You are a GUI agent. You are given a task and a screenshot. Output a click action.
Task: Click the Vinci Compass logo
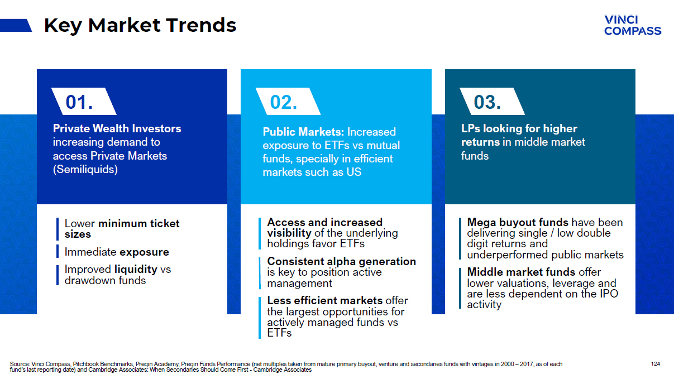[632, 26]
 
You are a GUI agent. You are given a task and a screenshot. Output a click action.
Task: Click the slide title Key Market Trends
[140, 25]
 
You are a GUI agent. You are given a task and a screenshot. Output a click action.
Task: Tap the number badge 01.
[79, 102]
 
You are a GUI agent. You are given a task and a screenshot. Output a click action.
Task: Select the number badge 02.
[284, 102]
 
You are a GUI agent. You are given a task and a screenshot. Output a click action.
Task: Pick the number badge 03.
[487, 102]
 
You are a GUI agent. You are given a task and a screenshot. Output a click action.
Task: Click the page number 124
[656, 364]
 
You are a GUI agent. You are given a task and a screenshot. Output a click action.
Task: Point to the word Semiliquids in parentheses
[85, 170]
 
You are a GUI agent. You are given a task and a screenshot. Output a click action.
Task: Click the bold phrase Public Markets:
[303, 132]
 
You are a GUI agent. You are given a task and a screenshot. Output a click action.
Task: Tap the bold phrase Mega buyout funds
[518, 222]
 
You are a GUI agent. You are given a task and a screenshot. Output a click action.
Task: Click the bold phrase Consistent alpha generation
[341, 261]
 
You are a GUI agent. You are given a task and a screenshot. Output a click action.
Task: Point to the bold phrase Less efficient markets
[324, 300]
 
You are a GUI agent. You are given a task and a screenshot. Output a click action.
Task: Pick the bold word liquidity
[136, 269]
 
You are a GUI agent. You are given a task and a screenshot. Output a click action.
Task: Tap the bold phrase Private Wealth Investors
[117, 128]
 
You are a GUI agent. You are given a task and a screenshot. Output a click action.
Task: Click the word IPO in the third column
[608, 294]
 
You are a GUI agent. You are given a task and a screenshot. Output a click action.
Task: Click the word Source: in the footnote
[20, 364]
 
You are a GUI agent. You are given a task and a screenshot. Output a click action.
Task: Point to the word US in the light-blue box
[353, 172]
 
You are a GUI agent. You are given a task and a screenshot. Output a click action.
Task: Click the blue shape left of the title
[16, 25]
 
